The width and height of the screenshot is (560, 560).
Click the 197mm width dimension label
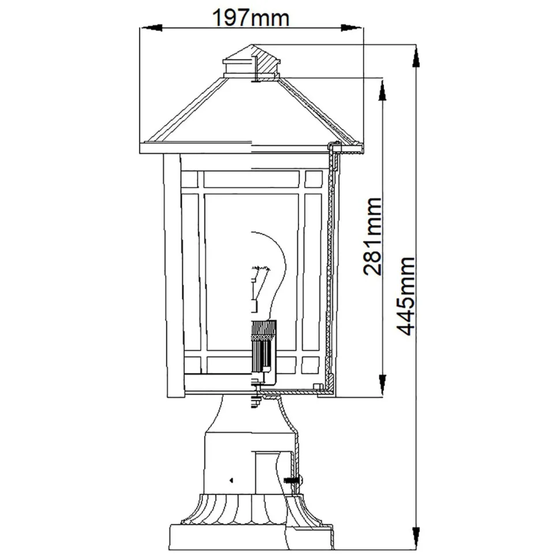coord(251,18)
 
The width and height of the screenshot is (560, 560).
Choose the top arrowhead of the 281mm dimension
coord(382,89)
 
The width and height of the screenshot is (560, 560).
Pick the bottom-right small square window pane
coord(311,365)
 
